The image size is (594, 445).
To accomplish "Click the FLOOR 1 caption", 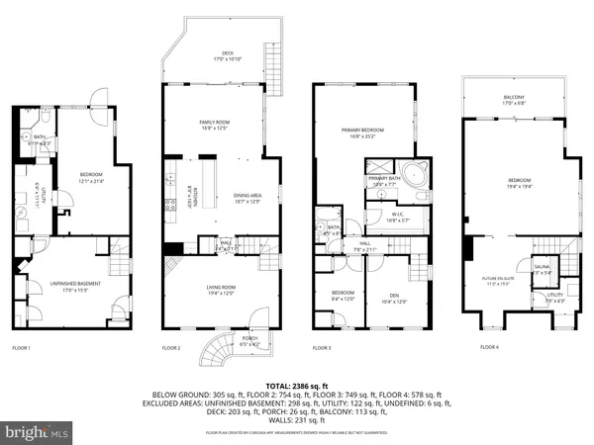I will [21, 348].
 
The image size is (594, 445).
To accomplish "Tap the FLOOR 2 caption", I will [171, 348].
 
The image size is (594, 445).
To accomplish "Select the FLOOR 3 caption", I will [322, 348].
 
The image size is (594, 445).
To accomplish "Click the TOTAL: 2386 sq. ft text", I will [297, 384].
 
